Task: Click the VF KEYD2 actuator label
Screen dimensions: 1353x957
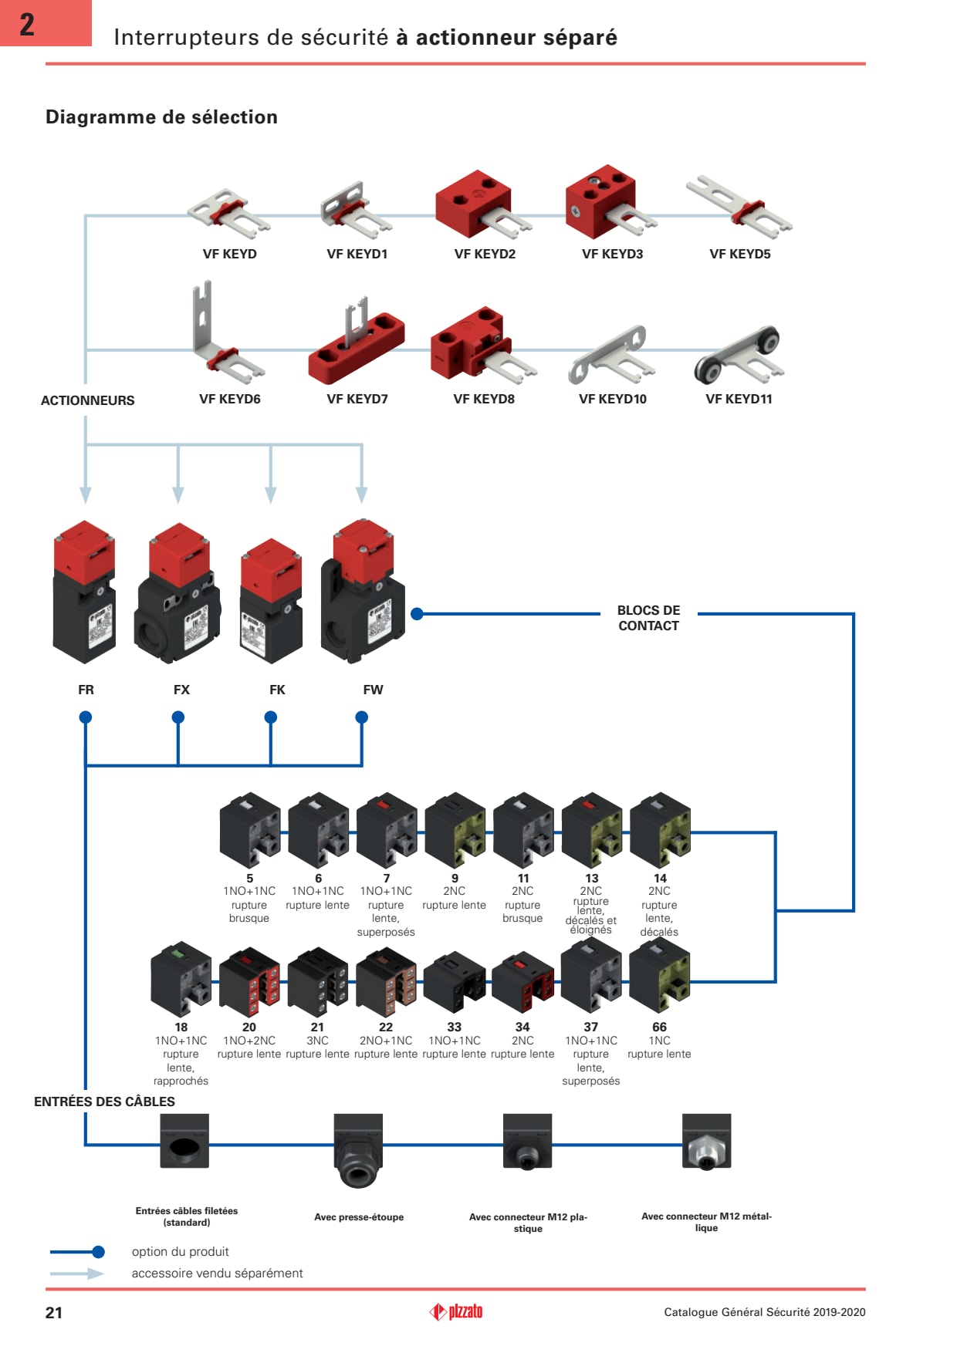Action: [x=485, y=254]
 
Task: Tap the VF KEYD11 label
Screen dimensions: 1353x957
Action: [x=739, y=399]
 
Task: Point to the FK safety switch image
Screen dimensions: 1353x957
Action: [x=271, y=599]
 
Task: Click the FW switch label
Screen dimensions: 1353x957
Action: [x=373, y=690]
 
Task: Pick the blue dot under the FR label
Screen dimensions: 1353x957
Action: [x=86, y=717]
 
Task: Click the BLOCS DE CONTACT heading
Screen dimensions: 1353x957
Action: [x=648, y=618]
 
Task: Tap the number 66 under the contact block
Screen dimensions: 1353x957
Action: [x=659, y=1027]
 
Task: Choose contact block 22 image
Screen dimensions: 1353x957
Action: [x=386, y=980]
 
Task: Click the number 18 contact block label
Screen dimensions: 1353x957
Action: [x=181, y=1027]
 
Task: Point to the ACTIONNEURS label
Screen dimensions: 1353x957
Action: [x=87, y=400]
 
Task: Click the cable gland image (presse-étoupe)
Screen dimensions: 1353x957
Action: [x=358, y=1149]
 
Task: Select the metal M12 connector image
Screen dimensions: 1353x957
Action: [x=706, y=1142]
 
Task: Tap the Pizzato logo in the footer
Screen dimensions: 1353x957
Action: [x=456, y=1311]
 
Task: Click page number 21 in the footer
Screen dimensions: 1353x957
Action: [x=54, y=1313]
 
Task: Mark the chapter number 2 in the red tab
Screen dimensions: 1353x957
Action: [x=27, y=25]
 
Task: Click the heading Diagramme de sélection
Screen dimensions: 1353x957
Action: [x=161, y=117]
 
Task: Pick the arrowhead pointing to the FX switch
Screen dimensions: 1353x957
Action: [x=178, y=494]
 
